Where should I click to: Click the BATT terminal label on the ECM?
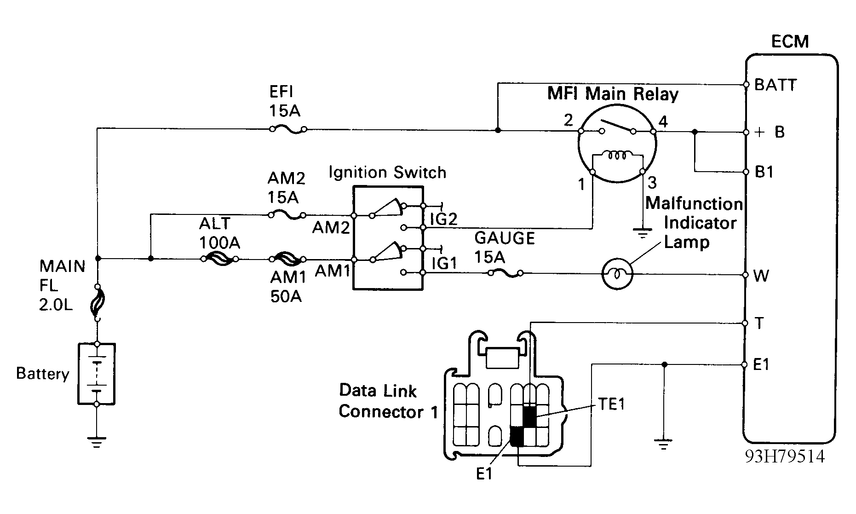(776, 85)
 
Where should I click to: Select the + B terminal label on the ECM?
(770, 133)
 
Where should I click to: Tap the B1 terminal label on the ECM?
(764, 172)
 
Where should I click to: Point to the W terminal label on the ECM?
(762, 276)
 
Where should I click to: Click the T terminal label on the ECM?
(759, 323)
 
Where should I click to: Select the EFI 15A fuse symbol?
(288, 129)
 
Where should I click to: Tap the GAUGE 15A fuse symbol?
(506, 273)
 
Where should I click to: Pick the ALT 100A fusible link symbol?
(219, 259)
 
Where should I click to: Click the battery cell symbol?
(97, 374)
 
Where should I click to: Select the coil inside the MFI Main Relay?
(617, 156)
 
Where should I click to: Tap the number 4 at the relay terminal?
(663, 121)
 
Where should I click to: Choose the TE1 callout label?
(611, 404)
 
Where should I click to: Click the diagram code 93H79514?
(785, 456)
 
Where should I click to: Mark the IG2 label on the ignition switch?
(443, 219)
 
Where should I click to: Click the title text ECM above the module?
(790, 42)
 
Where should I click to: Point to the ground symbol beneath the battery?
(97, 442)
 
